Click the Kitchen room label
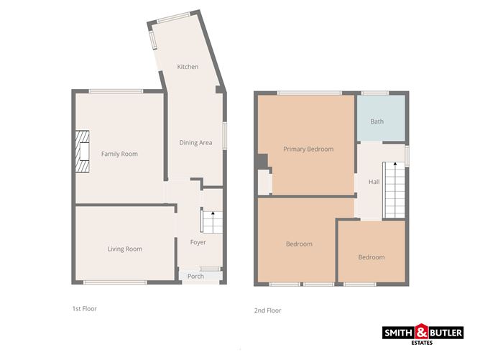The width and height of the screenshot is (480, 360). pyautogui.click(x=188, y=67)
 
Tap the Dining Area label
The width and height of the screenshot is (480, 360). pyautogui.click(x=195, y=142)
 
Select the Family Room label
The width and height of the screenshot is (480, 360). pyautogui.click(x=119, y=154)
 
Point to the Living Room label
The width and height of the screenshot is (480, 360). pyautogui.click(x=124, y=249)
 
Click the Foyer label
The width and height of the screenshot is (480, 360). pyautogui.click(x=198, y=242)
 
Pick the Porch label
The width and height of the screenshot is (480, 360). pyautogui.click(x=195, y=277)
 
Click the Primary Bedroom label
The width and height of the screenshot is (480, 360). pyautogui.click(x=308, y=149)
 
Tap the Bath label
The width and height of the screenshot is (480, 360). pyautogui.click(x=377, y=121)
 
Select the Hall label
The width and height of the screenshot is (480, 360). pyautogui.click(x=374, y=183)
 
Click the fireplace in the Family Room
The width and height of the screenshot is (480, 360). pyautogui.click(x=84, y=152)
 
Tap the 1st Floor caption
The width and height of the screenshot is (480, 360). pyautogui.click(x=83, y=308)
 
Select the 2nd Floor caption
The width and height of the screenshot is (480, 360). pyautogui.click(x=267, y=310)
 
